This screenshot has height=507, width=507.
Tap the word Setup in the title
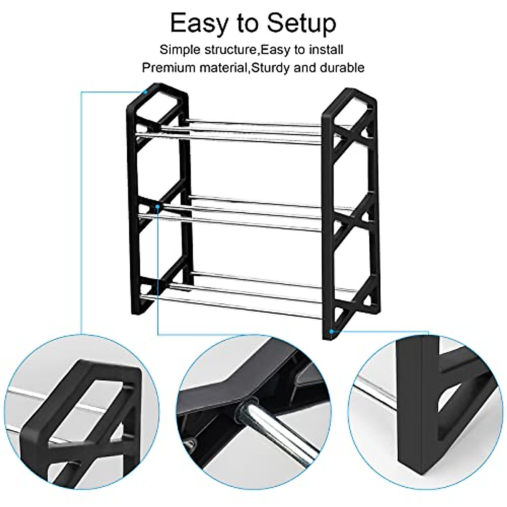(300, 24)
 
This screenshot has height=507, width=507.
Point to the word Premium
(166, 68)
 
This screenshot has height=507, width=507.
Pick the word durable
(341, 68)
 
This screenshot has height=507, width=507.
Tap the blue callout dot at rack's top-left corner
(145, 91)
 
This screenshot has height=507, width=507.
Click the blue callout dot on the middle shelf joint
(158, 206)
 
